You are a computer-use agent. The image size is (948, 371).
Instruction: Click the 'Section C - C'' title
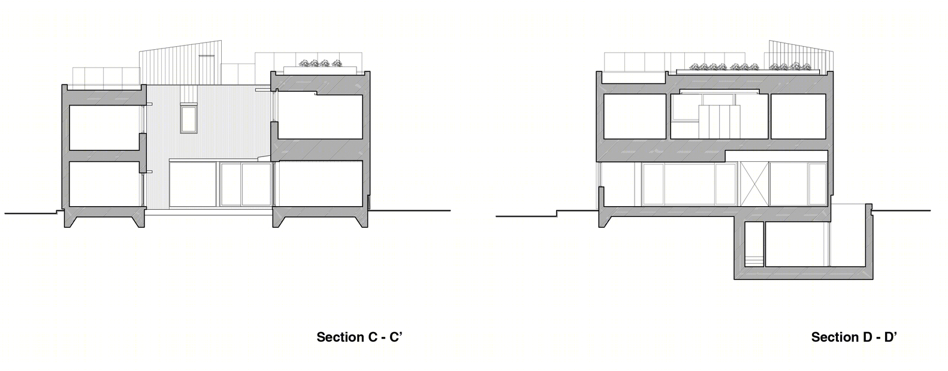point(359,337)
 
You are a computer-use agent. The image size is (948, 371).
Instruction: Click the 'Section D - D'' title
point(854,337)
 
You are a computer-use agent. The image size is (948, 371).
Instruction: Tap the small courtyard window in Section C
point(188,119)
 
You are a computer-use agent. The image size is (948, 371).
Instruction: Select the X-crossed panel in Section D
point(754,184)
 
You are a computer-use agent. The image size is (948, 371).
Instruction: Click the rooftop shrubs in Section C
point(320,64)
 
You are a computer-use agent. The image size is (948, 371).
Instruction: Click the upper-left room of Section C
point(104,127)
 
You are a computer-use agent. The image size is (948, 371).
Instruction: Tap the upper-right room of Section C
point(321,117)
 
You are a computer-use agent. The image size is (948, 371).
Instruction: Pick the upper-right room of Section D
point(798,116)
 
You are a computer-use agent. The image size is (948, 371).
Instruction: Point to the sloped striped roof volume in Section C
point(181,64)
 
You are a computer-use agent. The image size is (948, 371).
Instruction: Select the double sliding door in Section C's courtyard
point(246,185)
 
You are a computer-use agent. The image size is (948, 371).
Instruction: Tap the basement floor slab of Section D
point(803,273)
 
